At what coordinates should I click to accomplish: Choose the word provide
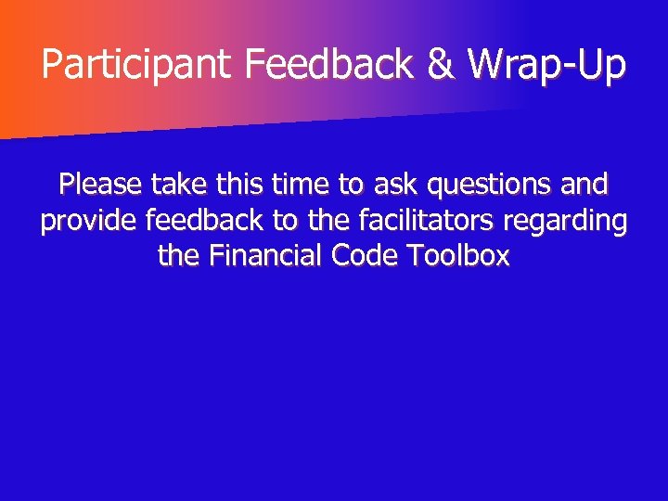[89, 223]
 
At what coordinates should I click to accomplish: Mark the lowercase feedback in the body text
[203, 221]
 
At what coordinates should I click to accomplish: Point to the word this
[242, 185]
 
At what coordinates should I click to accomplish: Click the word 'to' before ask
[351, 186]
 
